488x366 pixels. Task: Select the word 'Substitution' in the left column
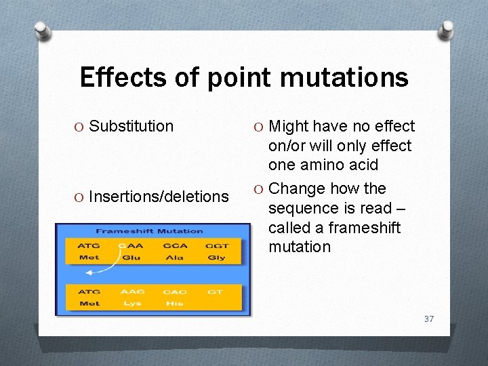(131, 126)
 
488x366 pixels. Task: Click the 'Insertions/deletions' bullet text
(159, 197)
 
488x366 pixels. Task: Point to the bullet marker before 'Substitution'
(79, 127)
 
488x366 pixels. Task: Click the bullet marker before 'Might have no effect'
(259, 127)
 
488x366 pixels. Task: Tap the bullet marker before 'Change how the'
(259, 189)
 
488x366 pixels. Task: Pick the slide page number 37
(428, 319)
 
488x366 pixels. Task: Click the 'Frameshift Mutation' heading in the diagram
(149, 231)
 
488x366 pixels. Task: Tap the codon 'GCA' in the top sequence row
(174, 246)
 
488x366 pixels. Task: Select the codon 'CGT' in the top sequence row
(217, 246)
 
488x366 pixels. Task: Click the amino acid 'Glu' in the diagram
(131, 258)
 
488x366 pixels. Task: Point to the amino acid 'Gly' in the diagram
(216, 258)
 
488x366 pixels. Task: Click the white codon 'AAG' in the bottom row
(132, 292)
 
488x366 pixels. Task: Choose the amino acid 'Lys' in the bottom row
(132, 304)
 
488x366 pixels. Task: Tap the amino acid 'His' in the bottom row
(174, 304)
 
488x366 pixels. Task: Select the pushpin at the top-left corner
(42, 30)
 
